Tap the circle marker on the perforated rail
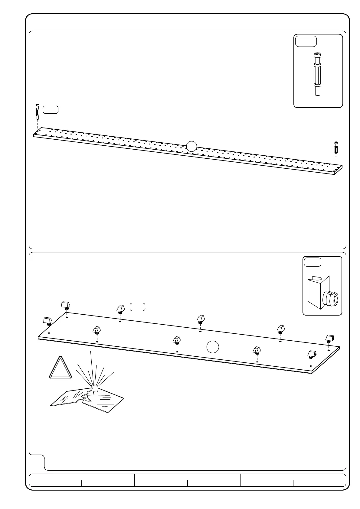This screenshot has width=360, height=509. point(191,146)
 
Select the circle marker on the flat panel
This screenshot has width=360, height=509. point(213,347)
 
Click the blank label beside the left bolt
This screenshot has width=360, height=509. point(51,109)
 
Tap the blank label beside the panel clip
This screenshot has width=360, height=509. point(137,307)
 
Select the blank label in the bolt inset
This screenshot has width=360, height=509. point(306,41)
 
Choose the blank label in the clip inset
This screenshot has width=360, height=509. point(313,262)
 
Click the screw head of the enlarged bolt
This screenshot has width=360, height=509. point(317,55)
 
